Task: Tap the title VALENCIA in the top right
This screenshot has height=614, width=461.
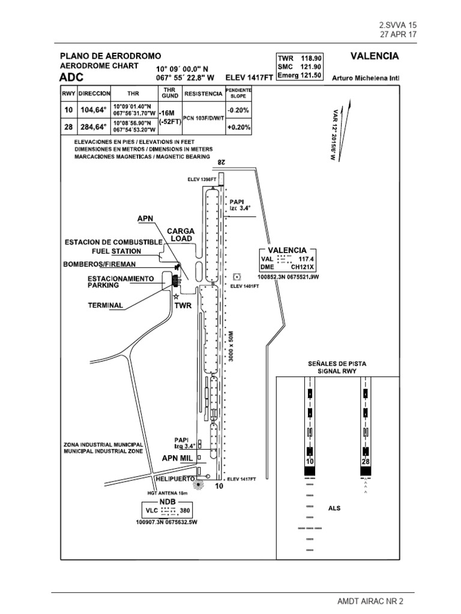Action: click(374, 56)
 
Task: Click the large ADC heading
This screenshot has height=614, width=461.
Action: click(71, 78)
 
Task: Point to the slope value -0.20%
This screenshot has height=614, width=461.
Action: click(238, 110)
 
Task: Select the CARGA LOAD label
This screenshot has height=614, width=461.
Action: click(180, 234)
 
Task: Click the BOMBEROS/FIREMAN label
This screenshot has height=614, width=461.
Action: click(99, 264)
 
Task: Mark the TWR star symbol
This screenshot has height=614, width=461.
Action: click(176, 296)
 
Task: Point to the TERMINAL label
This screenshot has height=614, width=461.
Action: click(105, 305)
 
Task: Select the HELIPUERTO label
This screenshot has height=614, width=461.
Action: click(174, 479)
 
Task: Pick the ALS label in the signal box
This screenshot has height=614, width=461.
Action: click(335, 508)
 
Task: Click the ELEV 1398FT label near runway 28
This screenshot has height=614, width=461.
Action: click(201, 179)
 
